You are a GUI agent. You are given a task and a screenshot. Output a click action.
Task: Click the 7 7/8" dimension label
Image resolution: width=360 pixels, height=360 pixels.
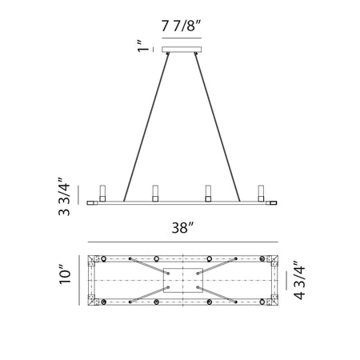click(181, 26)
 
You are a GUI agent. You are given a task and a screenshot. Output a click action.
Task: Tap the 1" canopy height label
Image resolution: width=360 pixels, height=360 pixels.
click(143, 46)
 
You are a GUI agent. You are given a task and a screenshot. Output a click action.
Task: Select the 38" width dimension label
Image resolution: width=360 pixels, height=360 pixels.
click(182, 228)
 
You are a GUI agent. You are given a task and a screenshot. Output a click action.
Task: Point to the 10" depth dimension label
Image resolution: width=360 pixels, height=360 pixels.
click(65, 274)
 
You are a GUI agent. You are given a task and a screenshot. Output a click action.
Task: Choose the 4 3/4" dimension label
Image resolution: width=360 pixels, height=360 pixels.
click(299, 280)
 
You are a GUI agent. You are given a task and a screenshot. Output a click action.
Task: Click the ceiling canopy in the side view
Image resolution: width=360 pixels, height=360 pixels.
click(182, 50)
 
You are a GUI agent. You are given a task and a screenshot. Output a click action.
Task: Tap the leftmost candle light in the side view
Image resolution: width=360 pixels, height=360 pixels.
click(102, 194)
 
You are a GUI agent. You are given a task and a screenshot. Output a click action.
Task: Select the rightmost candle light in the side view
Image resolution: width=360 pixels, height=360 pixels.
click(261, 194)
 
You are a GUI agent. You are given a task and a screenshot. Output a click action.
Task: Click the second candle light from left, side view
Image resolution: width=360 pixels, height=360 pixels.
click(155, 194)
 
